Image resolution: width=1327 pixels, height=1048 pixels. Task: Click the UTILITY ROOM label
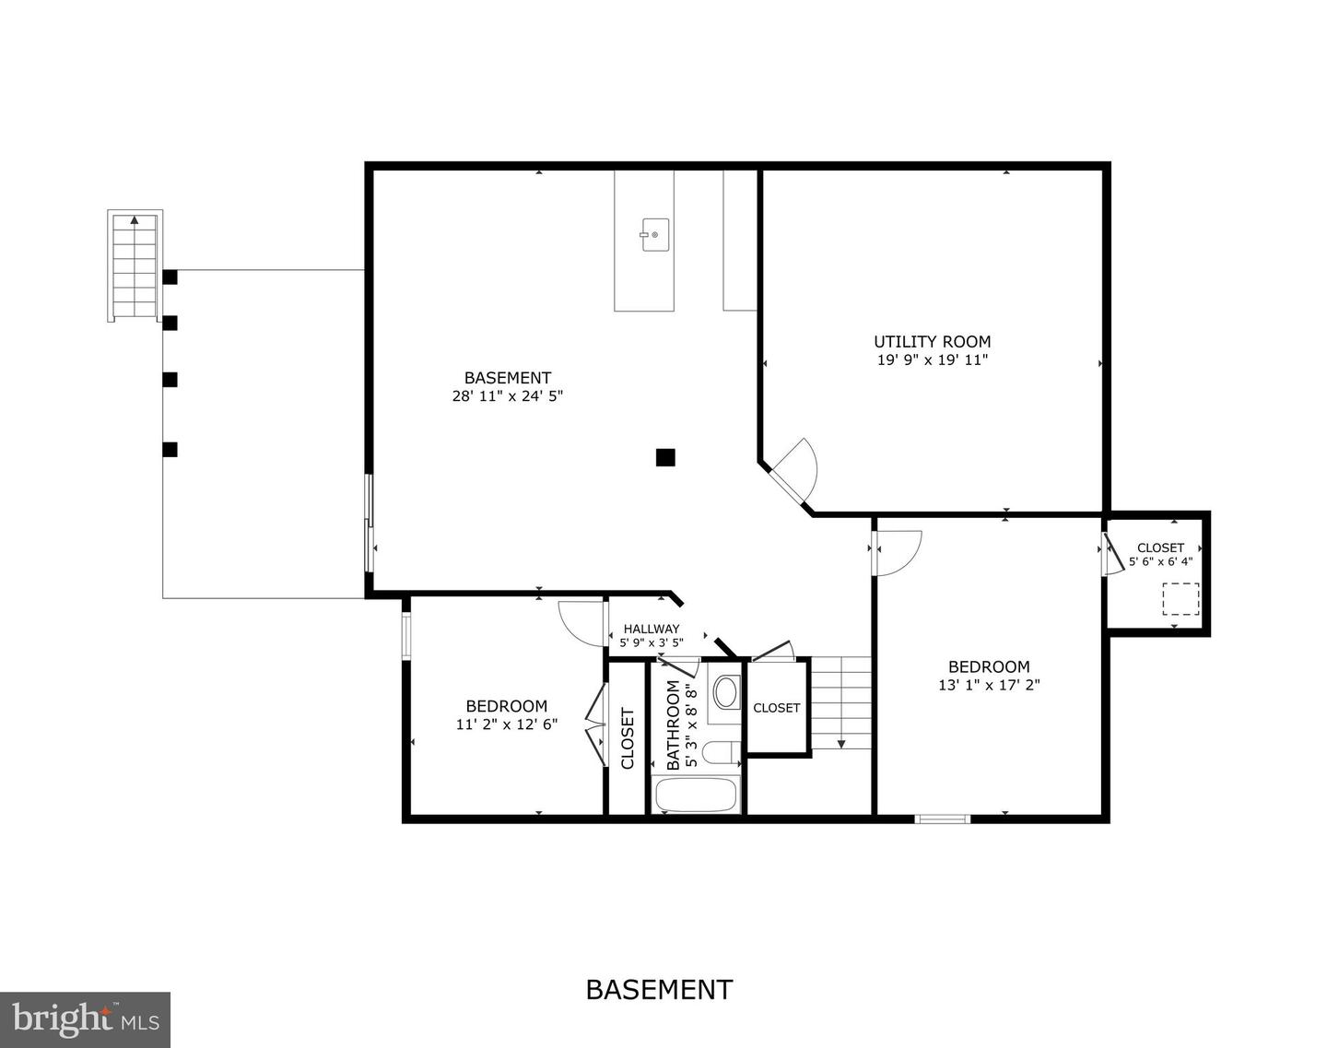[x=932, y=342]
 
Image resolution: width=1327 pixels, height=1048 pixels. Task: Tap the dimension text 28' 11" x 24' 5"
[x=507, y=396]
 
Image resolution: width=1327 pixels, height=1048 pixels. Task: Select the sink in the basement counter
[x=654, y=234]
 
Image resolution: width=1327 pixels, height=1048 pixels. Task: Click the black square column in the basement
[x=665, y=456]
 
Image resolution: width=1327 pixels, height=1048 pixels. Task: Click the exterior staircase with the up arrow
[x=135, y=265]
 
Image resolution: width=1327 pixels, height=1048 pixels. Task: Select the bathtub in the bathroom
[x=695, y=795]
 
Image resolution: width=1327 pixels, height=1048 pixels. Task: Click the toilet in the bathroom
[x=722, y=753]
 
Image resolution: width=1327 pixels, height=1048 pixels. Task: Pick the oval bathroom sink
[x=727, y=692]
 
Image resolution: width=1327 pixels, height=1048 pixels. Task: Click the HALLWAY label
[x=652, y=629]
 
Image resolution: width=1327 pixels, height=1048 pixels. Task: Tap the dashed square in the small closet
[x=1180, y=599]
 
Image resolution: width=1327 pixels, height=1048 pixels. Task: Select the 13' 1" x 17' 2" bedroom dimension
[x=989, y=685]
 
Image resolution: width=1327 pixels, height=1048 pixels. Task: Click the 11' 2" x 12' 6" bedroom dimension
[x=506, y=724]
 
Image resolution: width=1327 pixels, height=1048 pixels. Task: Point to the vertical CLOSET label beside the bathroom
[x=628, y=737]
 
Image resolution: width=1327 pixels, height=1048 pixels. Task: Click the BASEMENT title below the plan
[x=659, y=990]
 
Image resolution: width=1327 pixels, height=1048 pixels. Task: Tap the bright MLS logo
[x=85, y=1019]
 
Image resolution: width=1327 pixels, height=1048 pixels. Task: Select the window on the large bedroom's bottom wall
[x=942, y=818]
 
